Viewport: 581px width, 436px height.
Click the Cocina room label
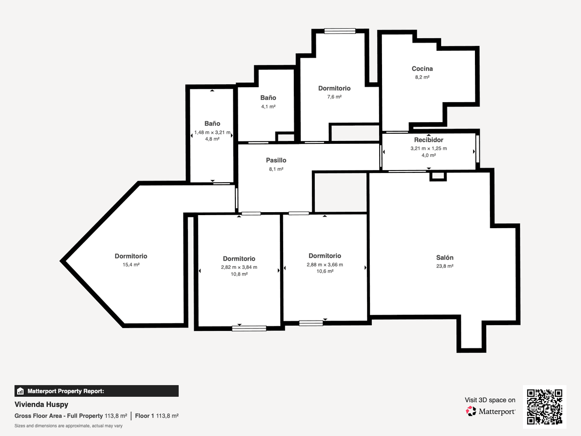click(422, 69)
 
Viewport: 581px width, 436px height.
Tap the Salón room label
click(444, 258)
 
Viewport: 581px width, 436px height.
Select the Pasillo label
click(276, 160)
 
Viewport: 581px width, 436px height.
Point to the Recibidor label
click(428, 140)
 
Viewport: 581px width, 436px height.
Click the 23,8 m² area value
click(444, 266)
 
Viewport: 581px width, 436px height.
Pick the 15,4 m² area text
click(131, 265)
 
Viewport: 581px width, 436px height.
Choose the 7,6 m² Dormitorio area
click(334, 97)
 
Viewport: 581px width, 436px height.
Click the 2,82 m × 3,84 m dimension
click(239, 267)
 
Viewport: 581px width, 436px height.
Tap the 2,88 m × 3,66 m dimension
click(325, 265)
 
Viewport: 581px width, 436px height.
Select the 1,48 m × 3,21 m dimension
click(212, 132)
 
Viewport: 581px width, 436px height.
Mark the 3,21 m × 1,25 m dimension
click(428, 149)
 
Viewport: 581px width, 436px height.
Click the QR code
click(545, 407)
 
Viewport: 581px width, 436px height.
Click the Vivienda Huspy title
click(41, 405)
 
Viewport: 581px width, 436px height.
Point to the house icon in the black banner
click(20, 391)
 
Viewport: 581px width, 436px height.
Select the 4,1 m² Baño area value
click(268, 107)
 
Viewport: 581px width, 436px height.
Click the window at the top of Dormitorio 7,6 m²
click(340, 31)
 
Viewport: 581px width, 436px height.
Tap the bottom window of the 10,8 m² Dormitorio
click(249, 328)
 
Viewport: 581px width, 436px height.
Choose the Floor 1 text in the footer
click(144, 416)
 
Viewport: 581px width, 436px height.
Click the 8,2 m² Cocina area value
click(422, 78)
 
